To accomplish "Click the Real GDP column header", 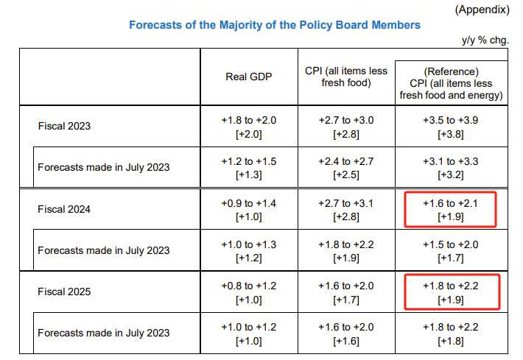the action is pos(249,77).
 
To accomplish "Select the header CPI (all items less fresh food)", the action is pos(346,77).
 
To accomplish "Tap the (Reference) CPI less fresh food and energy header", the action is pos(452,83).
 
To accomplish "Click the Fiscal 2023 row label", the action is pos(64,126).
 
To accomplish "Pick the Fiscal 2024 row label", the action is pos(64,209).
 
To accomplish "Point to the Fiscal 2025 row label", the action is pos(64,292).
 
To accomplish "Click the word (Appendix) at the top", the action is pos(482,10).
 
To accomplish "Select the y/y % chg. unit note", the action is pos(485,40).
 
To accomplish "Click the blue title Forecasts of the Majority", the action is pos(275,25).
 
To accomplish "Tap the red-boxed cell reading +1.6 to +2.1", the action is pos(451,210).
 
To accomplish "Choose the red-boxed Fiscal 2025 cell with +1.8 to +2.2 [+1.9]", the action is pos(452,292).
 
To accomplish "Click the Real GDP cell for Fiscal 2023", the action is pos(249,127).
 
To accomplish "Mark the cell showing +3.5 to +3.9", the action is pos(451,127).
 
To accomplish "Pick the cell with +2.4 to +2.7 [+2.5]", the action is pos(346,168).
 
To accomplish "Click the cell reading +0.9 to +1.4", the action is pos(249,210).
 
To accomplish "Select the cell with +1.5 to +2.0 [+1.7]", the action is pos(451,251).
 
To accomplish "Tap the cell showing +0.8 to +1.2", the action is pos(249,292).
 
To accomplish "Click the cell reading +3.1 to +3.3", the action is pos(451,168).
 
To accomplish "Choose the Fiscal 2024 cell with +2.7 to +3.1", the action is pos(346,210).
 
